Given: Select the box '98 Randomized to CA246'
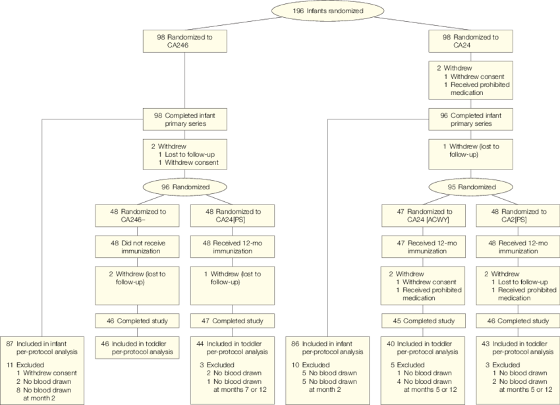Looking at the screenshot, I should (184, 42).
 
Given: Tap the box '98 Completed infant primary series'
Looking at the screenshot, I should (184, 119).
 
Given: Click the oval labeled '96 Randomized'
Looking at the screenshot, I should (184, 187).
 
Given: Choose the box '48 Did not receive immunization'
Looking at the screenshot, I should (137, 247).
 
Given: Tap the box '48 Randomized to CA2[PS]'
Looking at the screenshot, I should (518, 216).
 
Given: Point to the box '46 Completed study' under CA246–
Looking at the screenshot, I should (137, 321).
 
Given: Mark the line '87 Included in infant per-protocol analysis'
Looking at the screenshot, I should (43, 348).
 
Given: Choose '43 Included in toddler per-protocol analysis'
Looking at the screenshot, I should (518, 348).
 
